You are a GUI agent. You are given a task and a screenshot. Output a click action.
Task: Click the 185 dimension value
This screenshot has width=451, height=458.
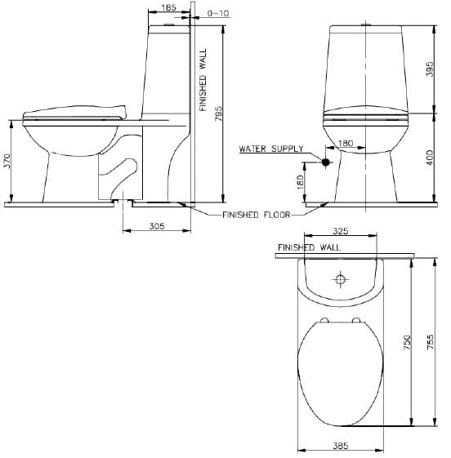[167, 7]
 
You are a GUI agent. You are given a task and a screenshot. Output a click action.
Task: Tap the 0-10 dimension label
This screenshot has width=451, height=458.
[219, 13]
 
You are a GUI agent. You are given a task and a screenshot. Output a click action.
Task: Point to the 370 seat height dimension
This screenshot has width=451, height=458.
[7, 161]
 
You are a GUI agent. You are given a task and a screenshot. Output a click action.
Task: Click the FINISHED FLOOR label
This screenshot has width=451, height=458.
[256, 216]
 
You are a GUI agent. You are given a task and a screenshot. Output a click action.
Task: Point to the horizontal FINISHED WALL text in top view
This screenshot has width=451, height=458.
[308, 247]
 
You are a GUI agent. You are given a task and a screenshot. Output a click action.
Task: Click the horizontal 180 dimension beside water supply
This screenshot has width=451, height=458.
[345, 143]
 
